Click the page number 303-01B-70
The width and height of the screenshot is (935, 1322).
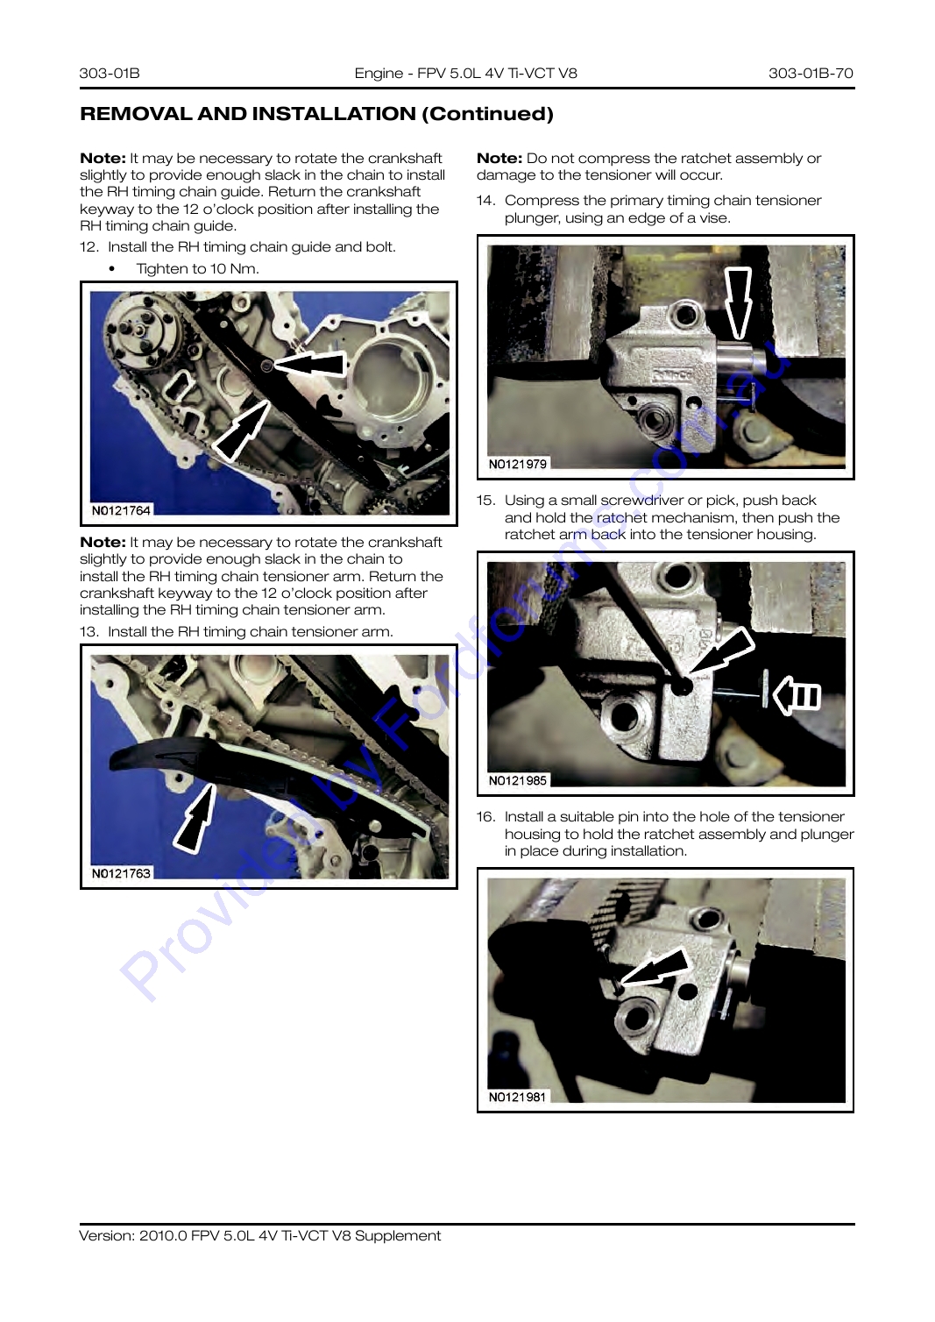tap(811, 73)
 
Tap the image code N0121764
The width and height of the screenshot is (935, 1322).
tap(121, 510)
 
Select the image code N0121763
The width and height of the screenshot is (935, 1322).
tap(121, 873)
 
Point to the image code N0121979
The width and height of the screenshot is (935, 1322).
tap(517, 464)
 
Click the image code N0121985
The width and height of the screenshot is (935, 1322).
tap(517, 780)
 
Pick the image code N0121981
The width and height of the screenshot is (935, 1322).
tap(517, 1097)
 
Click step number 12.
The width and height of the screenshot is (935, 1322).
tap(89, 246)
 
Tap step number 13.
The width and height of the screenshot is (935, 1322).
tap(89, 631)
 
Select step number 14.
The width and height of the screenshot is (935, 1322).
tap(486, 201)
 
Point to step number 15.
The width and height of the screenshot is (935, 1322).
tap(486, 501)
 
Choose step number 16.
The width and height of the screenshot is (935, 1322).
tap(486, 817)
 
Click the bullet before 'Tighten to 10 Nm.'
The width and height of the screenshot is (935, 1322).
tap(112, 269)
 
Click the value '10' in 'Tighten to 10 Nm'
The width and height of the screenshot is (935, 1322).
tap(218, 269)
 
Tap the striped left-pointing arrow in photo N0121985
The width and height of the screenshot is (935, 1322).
tap(796, 696)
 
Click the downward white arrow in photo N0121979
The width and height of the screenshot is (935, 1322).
tap(738, 302)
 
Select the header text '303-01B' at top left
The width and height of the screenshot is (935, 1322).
tap(110, 73)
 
